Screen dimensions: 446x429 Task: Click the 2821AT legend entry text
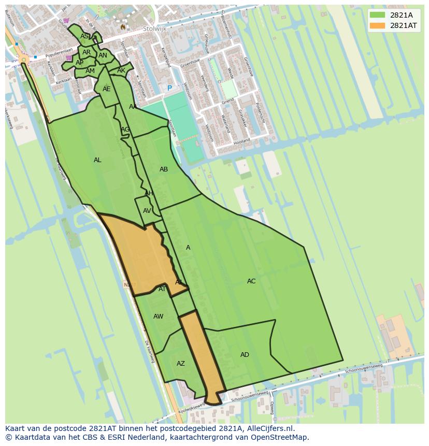tap(403, 25)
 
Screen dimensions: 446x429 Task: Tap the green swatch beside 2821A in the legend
tap(378, 15)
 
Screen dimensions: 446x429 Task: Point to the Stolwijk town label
tap(154, 29)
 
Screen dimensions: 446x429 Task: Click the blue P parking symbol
tap(169, 89)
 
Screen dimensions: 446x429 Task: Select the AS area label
tap(84, 36)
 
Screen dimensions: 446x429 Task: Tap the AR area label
tap(87, 52)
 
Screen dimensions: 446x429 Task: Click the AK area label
tap(121, 70)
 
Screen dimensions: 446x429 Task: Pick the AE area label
tap(106, 89)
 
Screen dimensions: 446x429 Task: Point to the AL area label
tap(97, 160)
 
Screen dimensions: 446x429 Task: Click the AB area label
tap(164, 169)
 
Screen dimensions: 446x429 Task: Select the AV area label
tap(147, 211)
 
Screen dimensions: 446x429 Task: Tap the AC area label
tap(251, 281)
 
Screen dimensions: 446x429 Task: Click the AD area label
tap(245, 355)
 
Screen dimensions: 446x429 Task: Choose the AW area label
tap(158, 316)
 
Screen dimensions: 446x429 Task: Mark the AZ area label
tap(180, 364)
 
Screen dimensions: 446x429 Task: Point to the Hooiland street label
tap(241, 141)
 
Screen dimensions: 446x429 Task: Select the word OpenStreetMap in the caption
tap(280, 437)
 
